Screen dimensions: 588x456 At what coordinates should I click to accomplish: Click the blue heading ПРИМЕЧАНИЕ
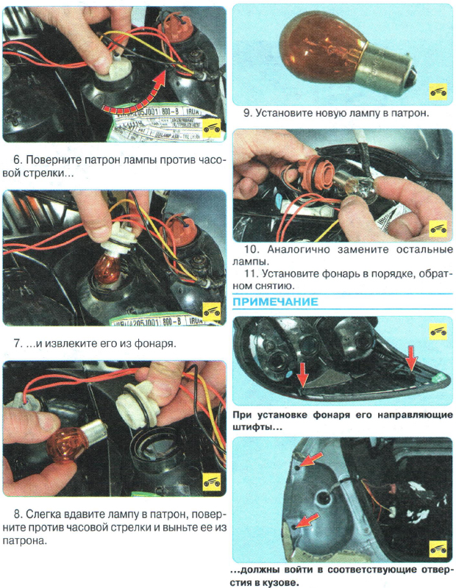click(x=275, y=302)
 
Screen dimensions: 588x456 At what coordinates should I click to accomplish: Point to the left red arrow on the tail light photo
click(x=301, y=373)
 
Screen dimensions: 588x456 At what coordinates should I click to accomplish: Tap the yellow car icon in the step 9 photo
click(x=437, y=91)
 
